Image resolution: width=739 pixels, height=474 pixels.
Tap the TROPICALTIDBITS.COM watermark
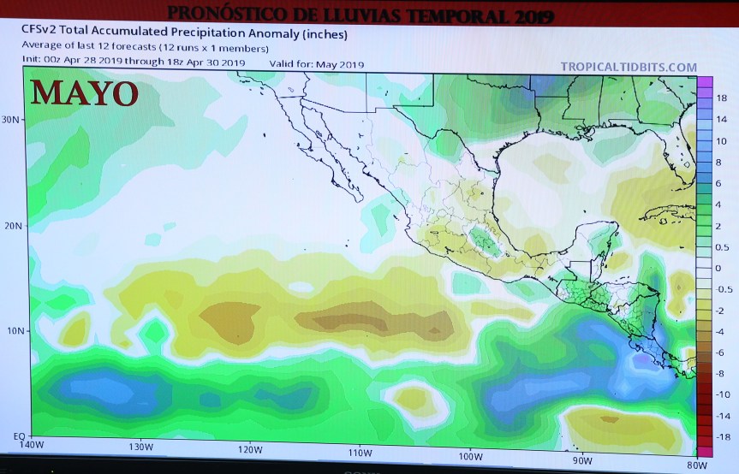pos(629,67)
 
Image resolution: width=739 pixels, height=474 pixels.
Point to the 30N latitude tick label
pos(11,120)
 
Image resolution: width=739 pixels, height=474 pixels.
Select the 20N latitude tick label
pos(11,226)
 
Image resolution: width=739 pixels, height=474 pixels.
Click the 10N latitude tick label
pos(11,331)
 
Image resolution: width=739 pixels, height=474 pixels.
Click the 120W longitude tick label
pos(251,450)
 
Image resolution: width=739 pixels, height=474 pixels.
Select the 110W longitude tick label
pos(361,452)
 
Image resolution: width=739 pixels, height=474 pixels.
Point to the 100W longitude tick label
pos(470,454)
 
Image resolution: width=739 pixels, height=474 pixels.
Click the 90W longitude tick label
pos(582,459)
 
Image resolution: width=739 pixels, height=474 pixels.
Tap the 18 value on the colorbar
pos(721,99)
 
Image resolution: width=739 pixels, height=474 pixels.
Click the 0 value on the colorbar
pos(719,269)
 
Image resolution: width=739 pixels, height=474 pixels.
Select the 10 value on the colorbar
pos(721,141)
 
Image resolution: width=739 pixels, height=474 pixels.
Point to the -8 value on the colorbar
pos(721,374)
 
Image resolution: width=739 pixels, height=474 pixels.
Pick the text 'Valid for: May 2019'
pos(317,63)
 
